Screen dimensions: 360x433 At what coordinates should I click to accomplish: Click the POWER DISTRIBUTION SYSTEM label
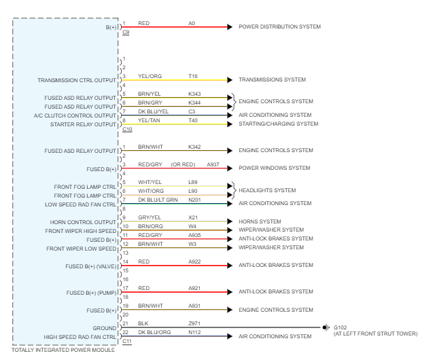point(279,27)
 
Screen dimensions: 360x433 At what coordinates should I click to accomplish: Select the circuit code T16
point(193,76)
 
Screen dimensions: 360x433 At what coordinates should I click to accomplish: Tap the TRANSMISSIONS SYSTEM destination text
point(272,80)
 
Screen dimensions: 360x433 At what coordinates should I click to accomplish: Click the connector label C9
point(126,33)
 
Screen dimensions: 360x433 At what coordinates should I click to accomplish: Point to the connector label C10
point(127,129)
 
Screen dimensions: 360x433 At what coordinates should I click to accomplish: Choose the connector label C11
point(127,341)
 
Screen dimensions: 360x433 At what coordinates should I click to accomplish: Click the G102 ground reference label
point(340,327)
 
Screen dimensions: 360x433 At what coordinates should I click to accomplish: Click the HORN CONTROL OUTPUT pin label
point(84,222)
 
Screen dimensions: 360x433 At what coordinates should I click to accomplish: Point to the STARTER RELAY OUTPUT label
point(84,124)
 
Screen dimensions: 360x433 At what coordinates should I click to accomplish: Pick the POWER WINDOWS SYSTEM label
point(275,168)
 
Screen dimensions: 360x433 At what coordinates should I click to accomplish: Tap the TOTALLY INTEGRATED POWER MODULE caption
point(63,350)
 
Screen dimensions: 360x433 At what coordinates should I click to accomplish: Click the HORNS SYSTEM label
point(261,221)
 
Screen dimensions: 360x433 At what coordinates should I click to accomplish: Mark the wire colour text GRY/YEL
point(149,217)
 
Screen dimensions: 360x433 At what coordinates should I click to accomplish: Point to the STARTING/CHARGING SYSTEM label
point(278,124)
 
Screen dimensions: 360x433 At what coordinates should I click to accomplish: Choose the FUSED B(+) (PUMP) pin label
point(91,293)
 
